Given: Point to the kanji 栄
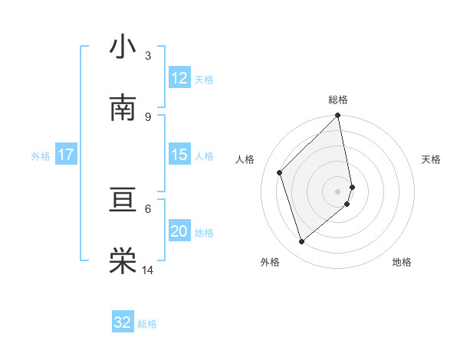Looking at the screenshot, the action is [123, 260].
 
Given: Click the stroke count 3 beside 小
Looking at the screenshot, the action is [147, 56].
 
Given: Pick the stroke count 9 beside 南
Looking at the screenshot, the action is [147, 116].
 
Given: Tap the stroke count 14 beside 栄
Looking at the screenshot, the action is [148, 270].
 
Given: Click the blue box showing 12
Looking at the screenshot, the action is [179, 78].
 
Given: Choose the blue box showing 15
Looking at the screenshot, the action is [179, 155].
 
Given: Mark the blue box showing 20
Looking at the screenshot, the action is [179, 231].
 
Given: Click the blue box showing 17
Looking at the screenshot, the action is [66, 155].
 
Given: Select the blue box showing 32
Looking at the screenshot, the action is [123, 322].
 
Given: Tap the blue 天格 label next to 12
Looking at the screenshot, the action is [204, 80].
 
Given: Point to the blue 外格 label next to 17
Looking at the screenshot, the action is [41, 156].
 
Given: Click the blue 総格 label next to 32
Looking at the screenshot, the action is [147, 324].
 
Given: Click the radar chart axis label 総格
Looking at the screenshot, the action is [338, 100].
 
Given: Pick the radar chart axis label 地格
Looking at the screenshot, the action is [402, 262].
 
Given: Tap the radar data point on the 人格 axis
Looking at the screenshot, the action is [280, 172].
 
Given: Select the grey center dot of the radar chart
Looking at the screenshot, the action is [338, 191].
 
